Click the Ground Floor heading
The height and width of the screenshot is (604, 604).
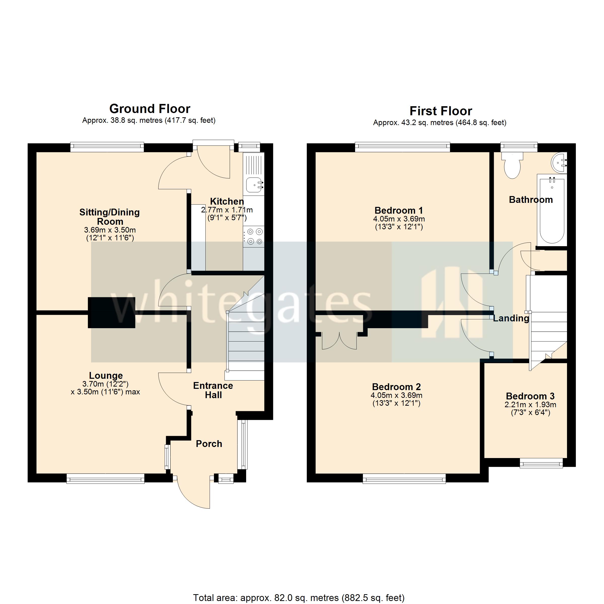(x=150, y=109)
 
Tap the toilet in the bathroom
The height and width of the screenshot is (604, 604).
(x=512, y=166)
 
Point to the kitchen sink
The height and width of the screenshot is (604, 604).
(x=254, y=184)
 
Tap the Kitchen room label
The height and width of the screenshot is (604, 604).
(x=227, y=201)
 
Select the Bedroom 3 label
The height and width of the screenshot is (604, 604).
(x=530, y=396)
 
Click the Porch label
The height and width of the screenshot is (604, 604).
(x=209, y=444)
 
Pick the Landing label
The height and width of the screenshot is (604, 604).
(x=511, y=318)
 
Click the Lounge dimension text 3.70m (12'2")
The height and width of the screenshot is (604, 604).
(x=105, y=384)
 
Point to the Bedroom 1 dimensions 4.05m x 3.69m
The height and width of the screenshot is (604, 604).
(x=399, y=219)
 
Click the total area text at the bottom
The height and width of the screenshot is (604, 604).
(x=298, y=598)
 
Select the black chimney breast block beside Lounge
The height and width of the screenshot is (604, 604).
(x=111, y=312)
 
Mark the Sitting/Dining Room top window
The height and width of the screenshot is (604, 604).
(x=107, y=147)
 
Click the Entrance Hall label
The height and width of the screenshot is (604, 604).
(x=213, y=390)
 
